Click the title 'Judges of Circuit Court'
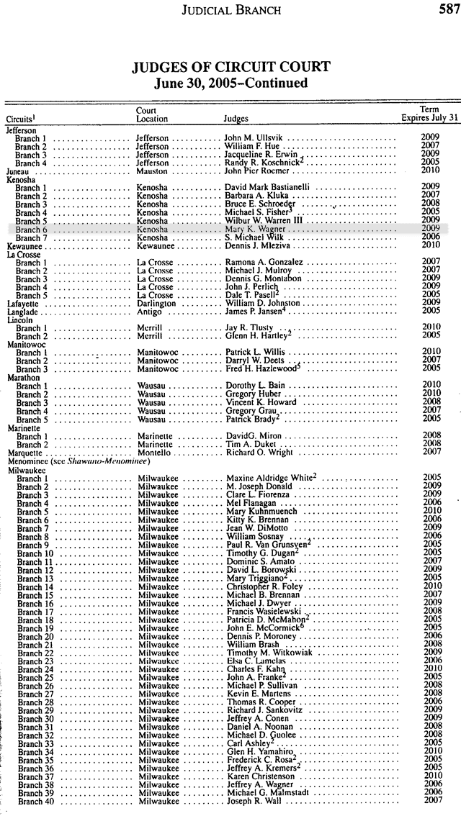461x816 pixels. pos(231,68)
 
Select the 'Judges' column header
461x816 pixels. pos(236,119)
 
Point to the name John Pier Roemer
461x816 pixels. pos(257,171)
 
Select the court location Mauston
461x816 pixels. pos(152,171)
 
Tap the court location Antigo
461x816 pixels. pos(149,312)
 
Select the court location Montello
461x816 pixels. pos(154,453)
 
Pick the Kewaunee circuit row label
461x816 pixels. pos(25,245)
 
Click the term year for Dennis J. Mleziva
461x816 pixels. pos(430,245)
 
